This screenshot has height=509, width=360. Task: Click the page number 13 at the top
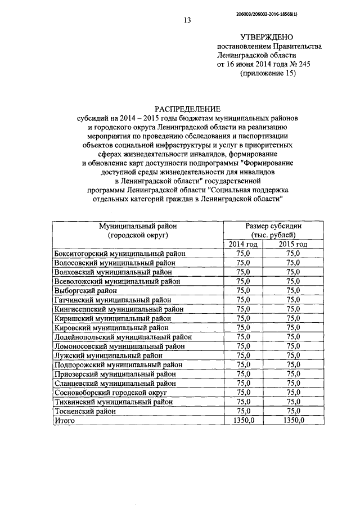click(187, 21)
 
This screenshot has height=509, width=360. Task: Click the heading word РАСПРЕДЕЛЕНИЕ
click(188, 109)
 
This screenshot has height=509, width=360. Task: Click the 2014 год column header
click(243, 244)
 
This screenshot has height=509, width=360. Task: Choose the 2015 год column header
click(293, 244)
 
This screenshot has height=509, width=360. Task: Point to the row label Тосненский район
click(85, 411)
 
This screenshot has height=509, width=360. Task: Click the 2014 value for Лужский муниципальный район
click(244, 355)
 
